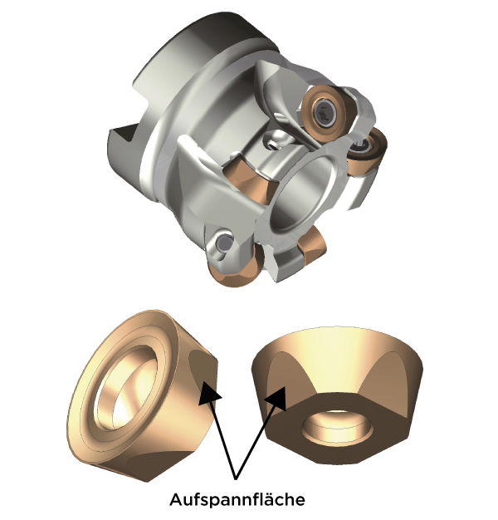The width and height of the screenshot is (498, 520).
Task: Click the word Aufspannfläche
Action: [x=237, y=499]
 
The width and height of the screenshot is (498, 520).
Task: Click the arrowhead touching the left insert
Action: [x=208, y=394]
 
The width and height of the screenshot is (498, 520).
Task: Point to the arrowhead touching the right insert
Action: [x=276, y=398]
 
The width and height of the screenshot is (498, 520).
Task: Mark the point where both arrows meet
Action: [x=236, y=478]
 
